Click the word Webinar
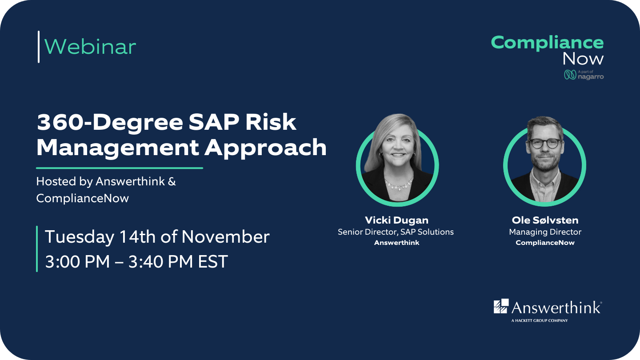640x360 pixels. point(90,47)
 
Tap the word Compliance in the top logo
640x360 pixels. point(547,43)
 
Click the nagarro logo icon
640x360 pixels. point(570,75)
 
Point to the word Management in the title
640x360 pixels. point(117,148)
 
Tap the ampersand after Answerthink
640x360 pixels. point(172,182)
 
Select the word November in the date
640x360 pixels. point(225,237)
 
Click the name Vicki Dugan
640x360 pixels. point(396,220)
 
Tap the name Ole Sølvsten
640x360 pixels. point(545,220)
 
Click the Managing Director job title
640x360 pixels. point(545,232)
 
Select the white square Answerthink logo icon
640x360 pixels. point(501,306)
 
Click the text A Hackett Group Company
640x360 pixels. point(539,320)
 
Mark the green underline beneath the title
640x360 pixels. point(119,168)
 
